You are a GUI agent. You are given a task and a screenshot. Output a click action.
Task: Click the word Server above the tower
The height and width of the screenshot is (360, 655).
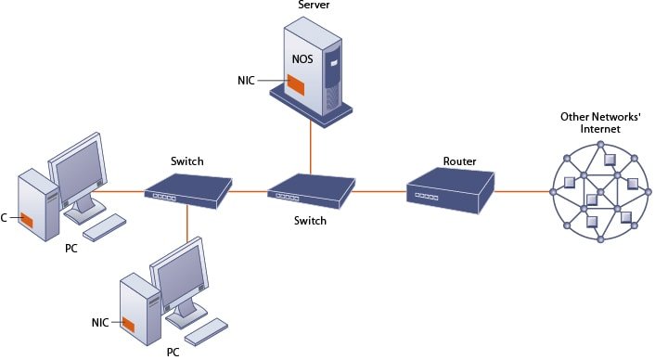314,6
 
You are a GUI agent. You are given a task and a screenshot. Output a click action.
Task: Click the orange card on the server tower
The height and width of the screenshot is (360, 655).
296,86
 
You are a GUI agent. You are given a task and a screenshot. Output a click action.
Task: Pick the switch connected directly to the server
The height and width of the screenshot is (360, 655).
311,192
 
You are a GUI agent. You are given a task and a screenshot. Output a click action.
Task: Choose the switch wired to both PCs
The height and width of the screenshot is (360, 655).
187,190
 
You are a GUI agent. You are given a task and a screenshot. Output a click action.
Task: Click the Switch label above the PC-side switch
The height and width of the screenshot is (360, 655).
187,161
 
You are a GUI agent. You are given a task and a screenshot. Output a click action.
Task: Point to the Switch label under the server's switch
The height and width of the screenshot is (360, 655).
311,222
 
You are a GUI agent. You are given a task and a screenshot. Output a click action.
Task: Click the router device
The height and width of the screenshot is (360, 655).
449,190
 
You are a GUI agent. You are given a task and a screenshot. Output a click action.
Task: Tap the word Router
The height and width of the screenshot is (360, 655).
459,161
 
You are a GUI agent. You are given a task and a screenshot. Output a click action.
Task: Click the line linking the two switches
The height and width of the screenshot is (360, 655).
249,192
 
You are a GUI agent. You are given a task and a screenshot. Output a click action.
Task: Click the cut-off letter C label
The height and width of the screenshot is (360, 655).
5,218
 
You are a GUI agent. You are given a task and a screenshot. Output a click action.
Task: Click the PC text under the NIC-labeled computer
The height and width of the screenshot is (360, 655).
173,353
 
